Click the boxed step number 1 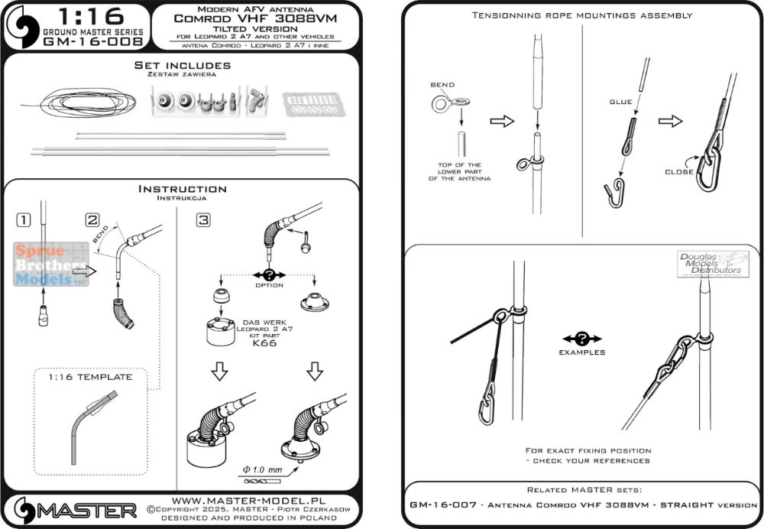pyautogui.click(x=24, y=220)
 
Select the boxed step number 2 pyautogui.click(x=93, y=220)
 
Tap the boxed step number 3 pyautogui.click(x=202, y=220)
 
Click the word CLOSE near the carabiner pyautogui.click(x=679, y=171)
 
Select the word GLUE pyautogui.click(x=621, y=101)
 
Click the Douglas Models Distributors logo pyautogui.click(x=711, y=264)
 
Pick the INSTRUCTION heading pyautogui.click(x=181, y=189)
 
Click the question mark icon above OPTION pyautogui.click(x=268, y=273)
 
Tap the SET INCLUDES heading pyautogui.click(x=181, y=67)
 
